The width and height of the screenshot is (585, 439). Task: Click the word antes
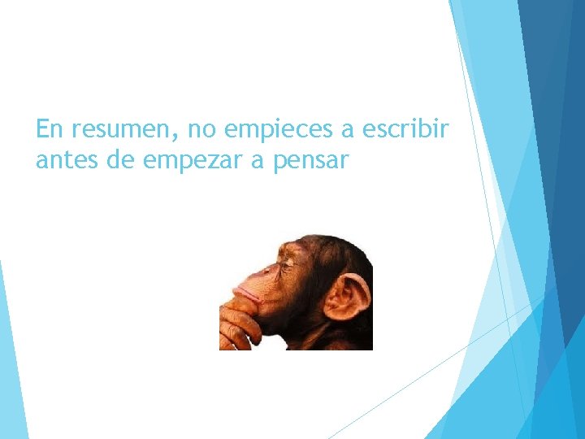(x=66, y=160)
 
